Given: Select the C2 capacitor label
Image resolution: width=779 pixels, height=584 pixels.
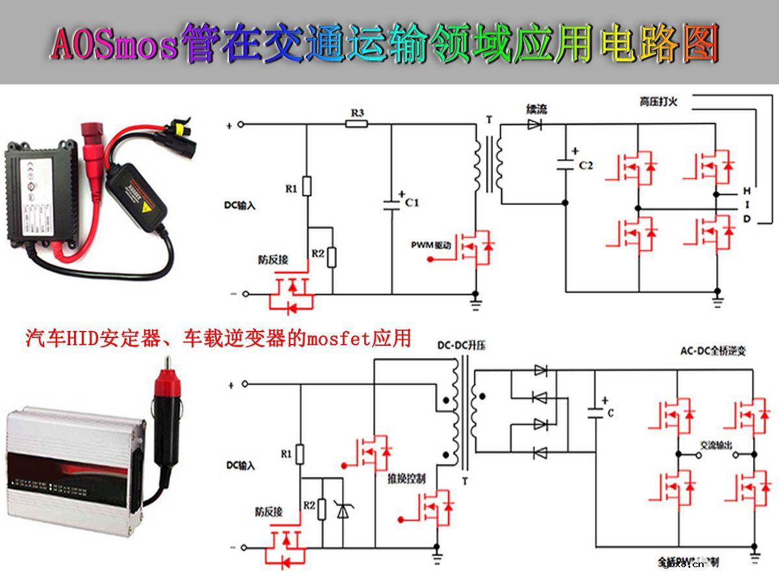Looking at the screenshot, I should tap(586, 165).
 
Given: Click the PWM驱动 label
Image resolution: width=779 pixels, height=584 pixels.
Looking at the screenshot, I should tap(430, 245).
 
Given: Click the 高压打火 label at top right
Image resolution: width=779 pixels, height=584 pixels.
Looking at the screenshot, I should tap(658, 101).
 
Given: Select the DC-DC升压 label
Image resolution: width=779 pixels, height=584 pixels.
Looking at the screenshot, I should tap(462, 346).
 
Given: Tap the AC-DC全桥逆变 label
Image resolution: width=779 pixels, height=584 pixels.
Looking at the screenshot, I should tap(713, 351).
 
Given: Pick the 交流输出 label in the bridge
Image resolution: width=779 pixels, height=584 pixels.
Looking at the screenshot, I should tap(716, 446).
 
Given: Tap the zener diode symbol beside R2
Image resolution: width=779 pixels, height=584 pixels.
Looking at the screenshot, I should tap(342, 510).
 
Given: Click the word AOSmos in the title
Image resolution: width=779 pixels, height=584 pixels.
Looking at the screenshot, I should tap(114, 44).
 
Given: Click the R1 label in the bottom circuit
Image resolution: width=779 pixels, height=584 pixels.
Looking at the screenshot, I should tap(286, 454).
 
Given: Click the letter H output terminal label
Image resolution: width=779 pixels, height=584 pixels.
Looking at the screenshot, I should tap(747, 191).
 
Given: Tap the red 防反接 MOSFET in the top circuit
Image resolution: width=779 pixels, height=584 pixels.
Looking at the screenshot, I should tap(291, 294).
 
